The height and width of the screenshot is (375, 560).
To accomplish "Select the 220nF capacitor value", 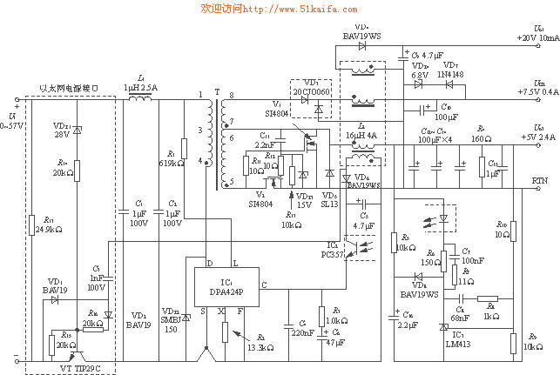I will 302,333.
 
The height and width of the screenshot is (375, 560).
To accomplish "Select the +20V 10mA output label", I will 537,38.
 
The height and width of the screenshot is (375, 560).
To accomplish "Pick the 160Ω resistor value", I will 482,138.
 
